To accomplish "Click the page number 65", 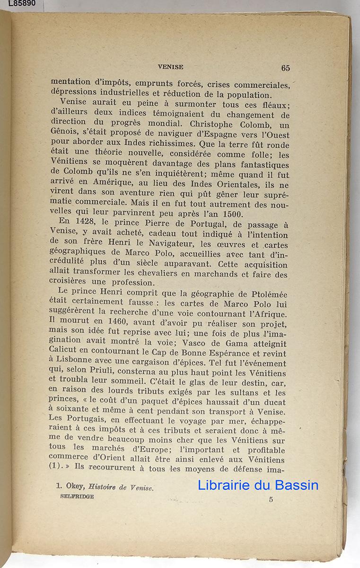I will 285,68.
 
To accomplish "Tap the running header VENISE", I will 171,67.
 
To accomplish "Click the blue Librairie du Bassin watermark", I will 258,485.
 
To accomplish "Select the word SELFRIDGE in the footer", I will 77,497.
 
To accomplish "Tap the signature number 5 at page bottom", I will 271,499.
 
